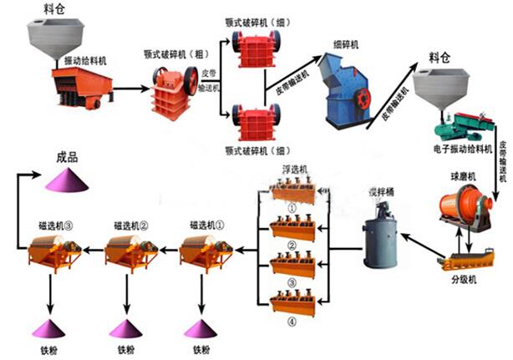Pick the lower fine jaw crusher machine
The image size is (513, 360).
[253, 122]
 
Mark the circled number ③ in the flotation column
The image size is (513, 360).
[292, 282]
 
